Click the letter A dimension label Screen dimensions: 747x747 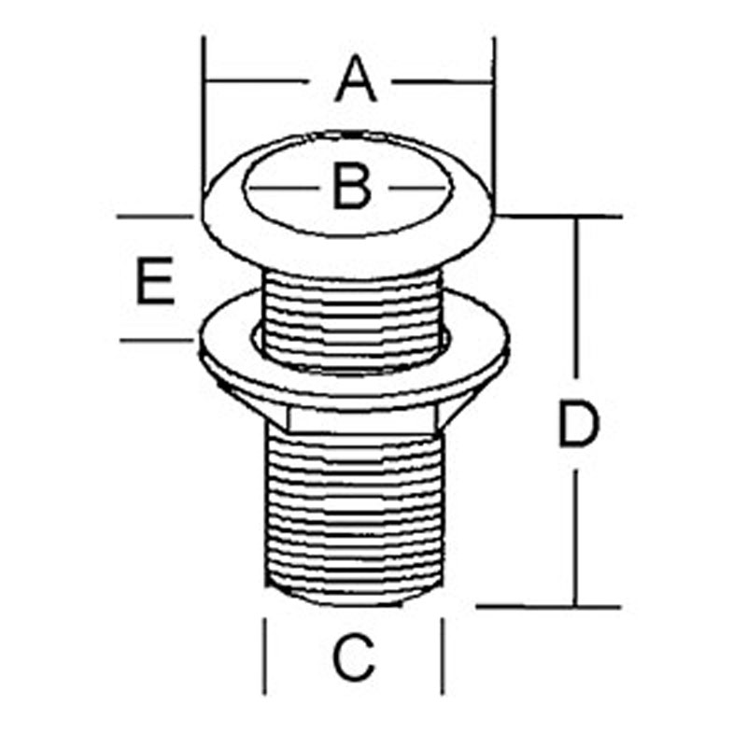(x=356, y=79)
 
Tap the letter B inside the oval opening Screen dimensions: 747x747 (x=352, y=186)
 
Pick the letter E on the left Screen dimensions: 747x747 (x=155, y=280)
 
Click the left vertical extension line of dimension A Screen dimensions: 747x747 (x=204, y=114)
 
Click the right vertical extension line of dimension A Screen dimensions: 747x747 (x=494, y=124)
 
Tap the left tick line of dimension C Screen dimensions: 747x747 (x=264, y=656)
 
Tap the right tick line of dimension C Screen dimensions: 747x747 (x=443, y=656)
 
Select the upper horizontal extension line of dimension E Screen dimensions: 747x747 (x=155, y=217)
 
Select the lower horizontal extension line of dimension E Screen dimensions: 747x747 (x=156, y=340)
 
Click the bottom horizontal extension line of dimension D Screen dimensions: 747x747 (x=548, y=607)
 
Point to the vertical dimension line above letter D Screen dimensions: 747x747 (x=577, y=298)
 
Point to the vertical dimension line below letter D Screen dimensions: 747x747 (x=576, y=539)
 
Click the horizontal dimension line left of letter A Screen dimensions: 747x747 (x=253, y=81)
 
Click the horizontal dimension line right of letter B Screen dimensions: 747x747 (x=419, y=189)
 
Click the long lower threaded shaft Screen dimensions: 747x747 (x=355, y=514)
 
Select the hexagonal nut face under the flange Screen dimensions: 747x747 (x=362, y=419)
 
